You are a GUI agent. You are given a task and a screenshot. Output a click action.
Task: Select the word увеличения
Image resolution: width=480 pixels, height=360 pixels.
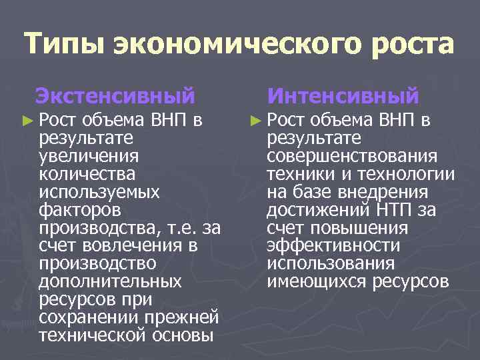[x=89, y=157]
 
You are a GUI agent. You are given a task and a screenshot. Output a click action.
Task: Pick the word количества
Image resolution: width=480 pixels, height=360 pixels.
[x=87, y=175]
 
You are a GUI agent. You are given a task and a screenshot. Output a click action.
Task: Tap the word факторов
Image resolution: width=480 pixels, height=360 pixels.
[x=81, y=211]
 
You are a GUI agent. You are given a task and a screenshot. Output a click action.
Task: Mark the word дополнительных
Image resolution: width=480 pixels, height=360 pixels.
[x=110, y=281]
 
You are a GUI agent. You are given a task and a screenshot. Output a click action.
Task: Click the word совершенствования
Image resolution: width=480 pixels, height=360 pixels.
[x=352, y=157]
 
